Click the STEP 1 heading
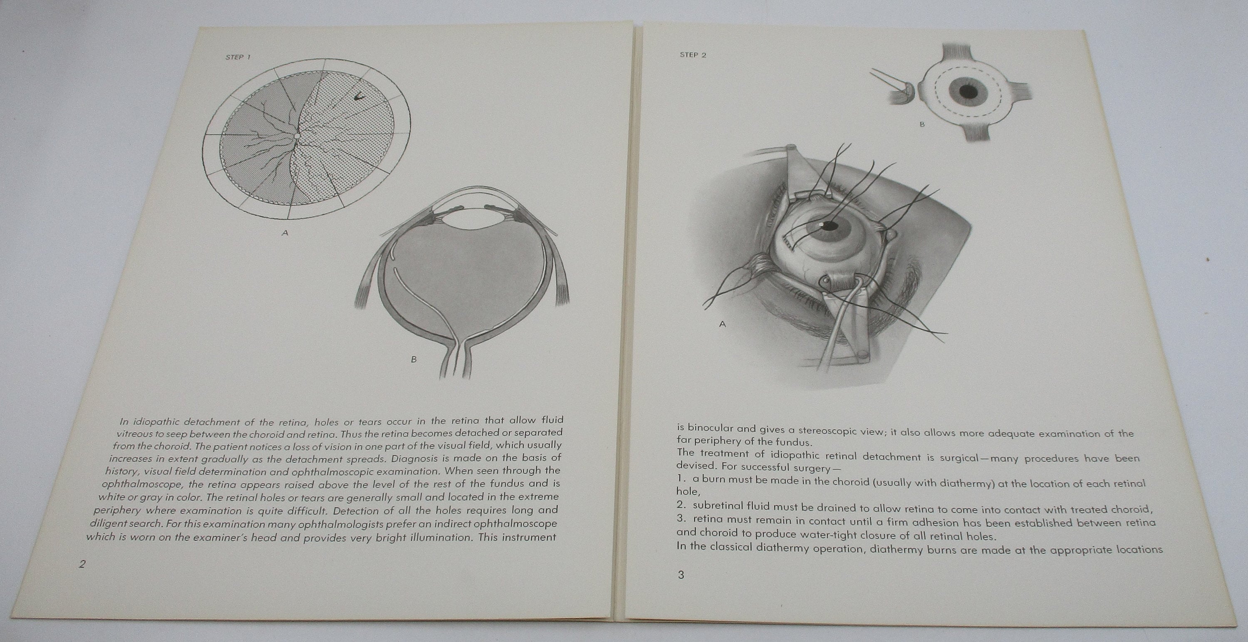[238, 57]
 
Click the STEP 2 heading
[693, 55]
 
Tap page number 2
[82, 564]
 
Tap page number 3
[681, 575]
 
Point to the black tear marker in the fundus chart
[359, 97]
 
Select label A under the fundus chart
[285, 233]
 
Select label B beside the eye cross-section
[413, 359]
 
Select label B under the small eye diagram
[922, 124]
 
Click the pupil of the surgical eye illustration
[830, 226]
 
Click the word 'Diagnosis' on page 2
[414, 457]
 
